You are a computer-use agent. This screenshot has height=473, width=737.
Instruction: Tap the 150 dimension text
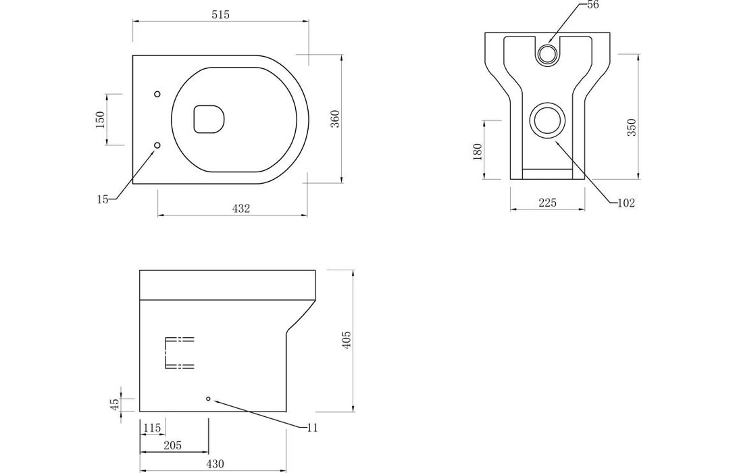pos(100,120)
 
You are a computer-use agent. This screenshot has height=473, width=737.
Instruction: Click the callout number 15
pos(102,199)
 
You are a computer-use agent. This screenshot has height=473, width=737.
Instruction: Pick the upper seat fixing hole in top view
pos(157,94)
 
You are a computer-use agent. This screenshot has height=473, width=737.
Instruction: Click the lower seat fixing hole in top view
pos(157,145)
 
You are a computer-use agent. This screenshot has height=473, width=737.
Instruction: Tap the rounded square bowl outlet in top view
pos(209,118)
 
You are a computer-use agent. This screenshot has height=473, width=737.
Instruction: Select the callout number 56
pos(593,5)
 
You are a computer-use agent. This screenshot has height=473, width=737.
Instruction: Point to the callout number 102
pos(626,203)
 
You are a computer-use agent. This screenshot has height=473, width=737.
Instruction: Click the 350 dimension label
pos(632,128)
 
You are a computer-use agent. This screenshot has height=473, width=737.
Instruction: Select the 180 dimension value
pos(478,151)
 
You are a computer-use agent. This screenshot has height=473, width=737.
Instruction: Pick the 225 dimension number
pos(548,203)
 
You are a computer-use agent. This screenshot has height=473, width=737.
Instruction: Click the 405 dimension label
pos(347,340)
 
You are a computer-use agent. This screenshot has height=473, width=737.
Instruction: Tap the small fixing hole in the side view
pos(208,399)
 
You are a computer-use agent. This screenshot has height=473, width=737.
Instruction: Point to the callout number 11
pos(311,428)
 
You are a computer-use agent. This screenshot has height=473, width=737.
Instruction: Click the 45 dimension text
pos(115,403)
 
